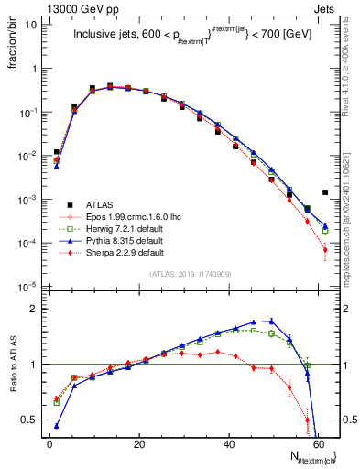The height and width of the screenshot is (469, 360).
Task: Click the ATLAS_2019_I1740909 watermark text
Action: tap(190, 274)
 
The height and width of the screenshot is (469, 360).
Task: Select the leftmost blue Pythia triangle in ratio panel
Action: tap(57, 426)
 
